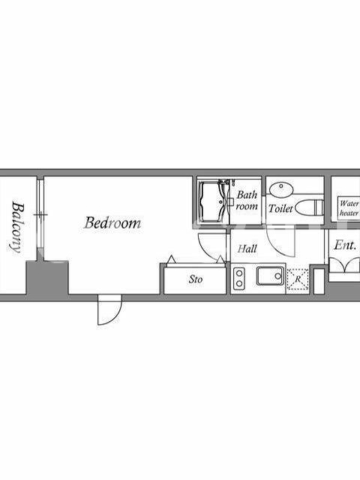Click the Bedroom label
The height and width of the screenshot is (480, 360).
[x=113, y=223]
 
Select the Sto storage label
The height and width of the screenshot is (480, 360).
[x=196, y=279]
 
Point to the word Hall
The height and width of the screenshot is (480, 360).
[x=247, y=248]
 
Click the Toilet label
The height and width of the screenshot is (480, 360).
[x=281, y=208]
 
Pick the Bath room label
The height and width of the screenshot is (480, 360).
[x=247, y=200]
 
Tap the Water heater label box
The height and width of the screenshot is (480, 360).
[x=349, y=208]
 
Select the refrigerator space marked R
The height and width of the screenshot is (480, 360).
[x=298, y=279]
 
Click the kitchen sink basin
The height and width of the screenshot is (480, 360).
[x=269, y=276]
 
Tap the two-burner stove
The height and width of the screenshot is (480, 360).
[x=239, y=278]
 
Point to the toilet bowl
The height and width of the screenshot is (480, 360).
[x=309, y=208]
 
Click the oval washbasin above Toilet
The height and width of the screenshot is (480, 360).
[x=281, y=189]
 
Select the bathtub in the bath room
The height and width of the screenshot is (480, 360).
[x=214, y=202]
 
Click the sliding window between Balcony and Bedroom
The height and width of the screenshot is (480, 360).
[x=40, y=214]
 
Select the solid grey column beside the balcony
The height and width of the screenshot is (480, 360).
[x=47, y=278]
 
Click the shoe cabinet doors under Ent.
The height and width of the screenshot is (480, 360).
[x=344, y=265]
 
